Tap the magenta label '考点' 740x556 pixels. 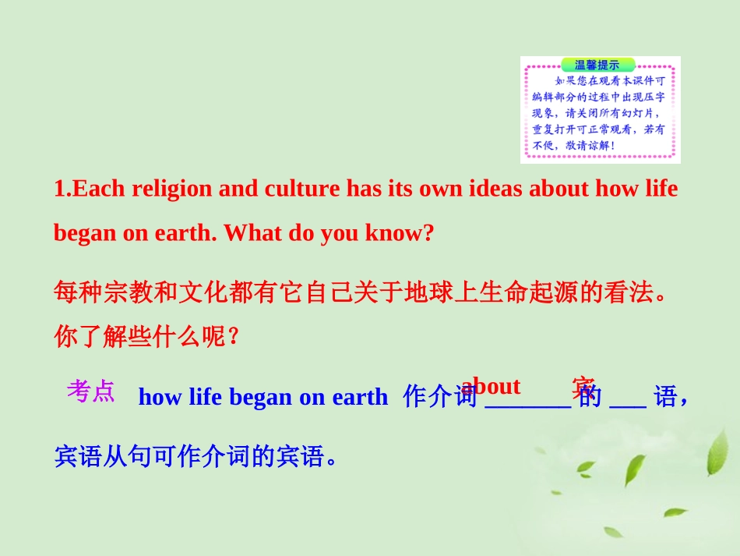coord(90,391)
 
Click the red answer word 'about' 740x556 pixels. coord(491,386)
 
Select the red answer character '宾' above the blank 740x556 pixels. coord(583,386)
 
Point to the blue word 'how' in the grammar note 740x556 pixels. coord(160,397)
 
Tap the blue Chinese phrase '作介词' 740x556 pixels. coord(439,397)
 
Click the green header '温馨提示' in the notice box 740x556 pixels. coord(597,66)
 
